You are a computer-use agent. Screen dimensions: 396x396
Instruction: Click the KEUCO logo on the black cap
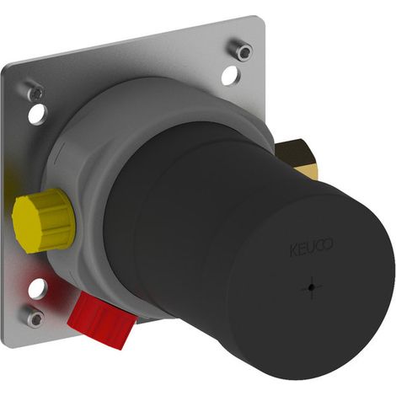[311, 247]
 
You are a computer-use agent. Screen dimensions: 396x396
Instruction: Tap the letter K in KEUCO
[293, 251]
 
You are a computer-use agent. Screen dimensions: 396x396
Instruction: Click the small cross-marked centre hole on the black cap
[311, 287]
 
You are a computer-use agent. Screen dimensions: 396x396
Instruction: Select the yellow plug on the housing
[44, 221]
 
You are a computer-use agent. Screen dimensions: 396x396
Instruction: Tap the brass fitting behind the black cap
[297, 158]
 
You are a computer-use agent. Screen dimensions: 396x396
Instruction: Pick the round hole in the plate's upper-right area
[231, 74]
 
